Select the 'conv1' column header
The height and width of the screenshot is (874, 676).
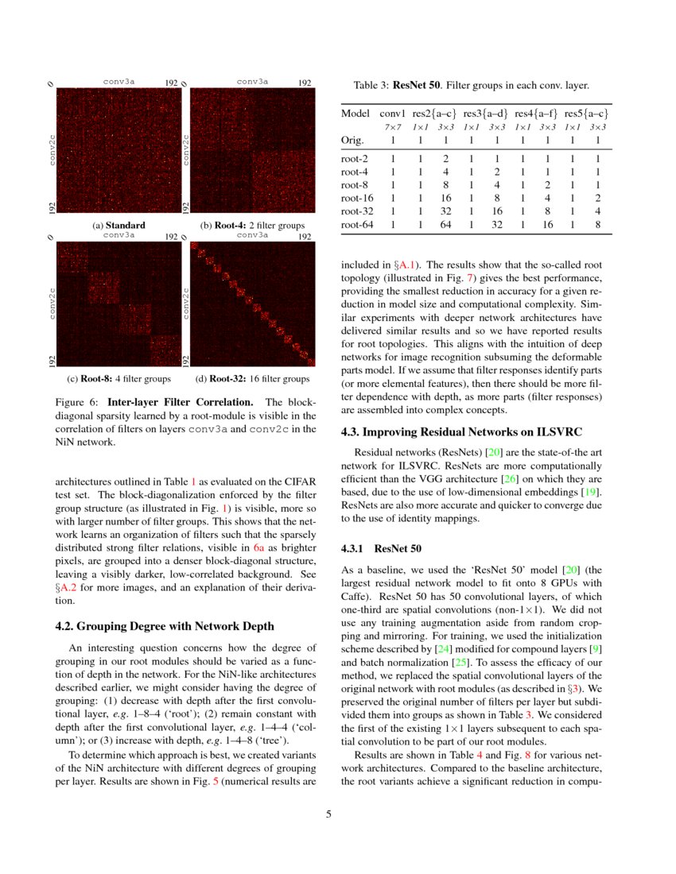point(392,114)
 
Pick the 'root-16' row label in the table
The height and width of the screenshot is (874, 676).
point(354,198)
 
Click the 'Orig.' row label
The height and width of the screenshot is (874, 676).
point(352,141)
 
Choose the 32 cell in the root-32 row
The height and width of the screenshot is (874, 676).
point(445,211)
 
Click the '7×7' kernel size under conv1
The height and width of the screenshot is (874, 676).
point(392,126)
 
